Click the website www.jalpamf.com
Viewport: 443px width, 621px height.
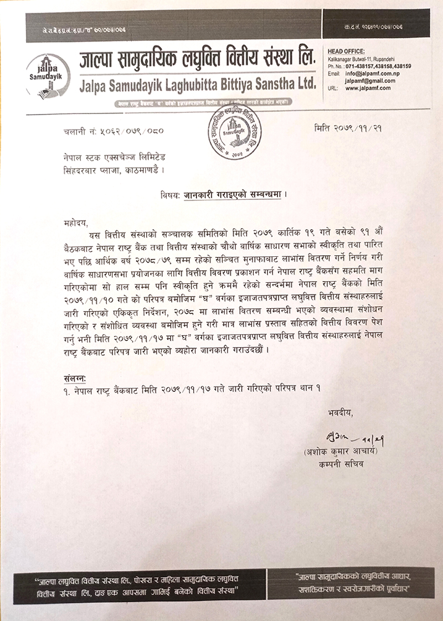click(x=368, y=87)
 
